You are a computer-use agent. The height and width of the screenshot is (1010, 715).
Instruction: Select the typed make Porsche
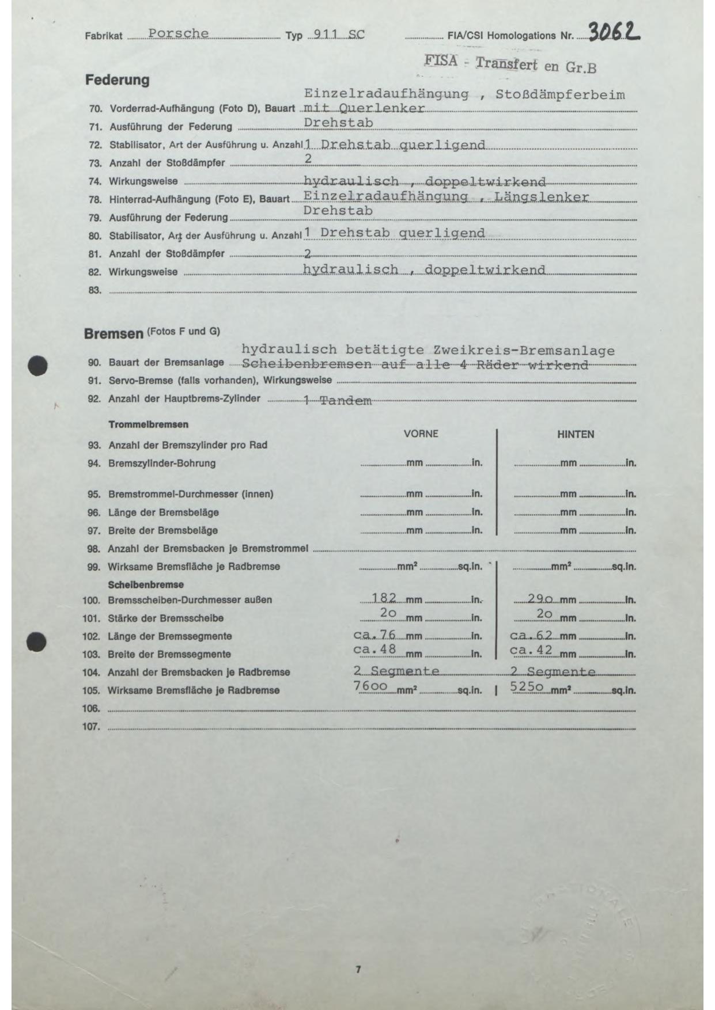coord(178,33)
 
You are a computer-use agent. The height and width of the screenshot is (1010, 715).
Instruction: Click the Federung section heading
coord(117,80)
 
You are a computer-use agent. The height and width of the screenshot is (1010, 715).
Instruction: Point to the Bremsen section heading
coord(114,334)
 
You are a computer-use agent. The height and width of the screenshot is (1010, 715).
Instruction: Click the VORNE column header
coord(421,434)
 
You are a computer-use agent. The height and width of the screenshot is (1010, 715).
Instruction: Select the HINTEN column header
coord(575,434)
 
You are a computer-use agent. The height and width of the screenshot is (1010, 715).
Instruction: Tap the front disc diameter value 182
coord(384,598)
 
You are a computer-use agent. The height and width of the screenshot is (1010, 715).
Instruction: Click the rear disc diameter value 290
coord(540,599)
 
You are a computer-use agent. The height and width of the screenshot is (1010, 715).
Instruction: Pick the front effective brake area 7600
coord(370,686)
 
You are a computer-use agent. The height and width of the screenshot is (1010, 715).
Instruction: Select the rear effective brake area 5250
coord(527,686)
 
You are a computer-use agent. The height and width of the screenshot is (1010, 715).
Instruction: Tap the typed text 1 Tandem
coord(338,401)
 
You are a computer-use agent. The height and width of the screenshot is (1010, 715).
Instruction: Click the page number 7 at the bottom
coord(358,970)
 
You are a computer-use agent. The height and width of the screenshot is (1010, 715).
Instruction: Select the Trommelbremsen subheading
coord(148,424)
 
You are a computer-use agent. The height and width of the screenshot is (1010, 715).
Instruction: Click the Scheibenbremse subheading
coord(146,584)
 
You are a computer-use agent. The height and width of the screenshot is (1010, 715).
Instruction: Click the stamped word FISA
coord(441,60)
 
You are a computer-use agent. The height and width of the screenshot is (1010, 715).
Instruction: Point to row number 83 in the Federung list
coord(94,290)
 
